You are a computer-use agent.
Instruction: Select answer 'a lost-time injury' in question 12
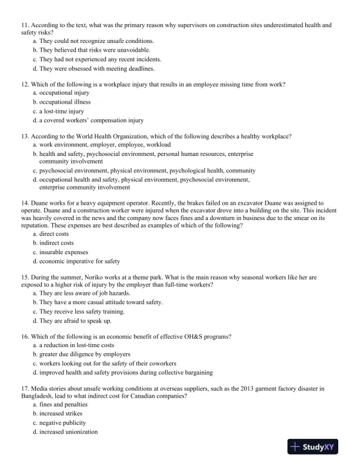point(61,111)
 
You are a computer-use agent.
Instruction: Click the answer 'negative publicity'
point(63,423)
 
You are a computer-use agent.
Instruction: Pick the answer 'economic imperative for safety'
point(79,261)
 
